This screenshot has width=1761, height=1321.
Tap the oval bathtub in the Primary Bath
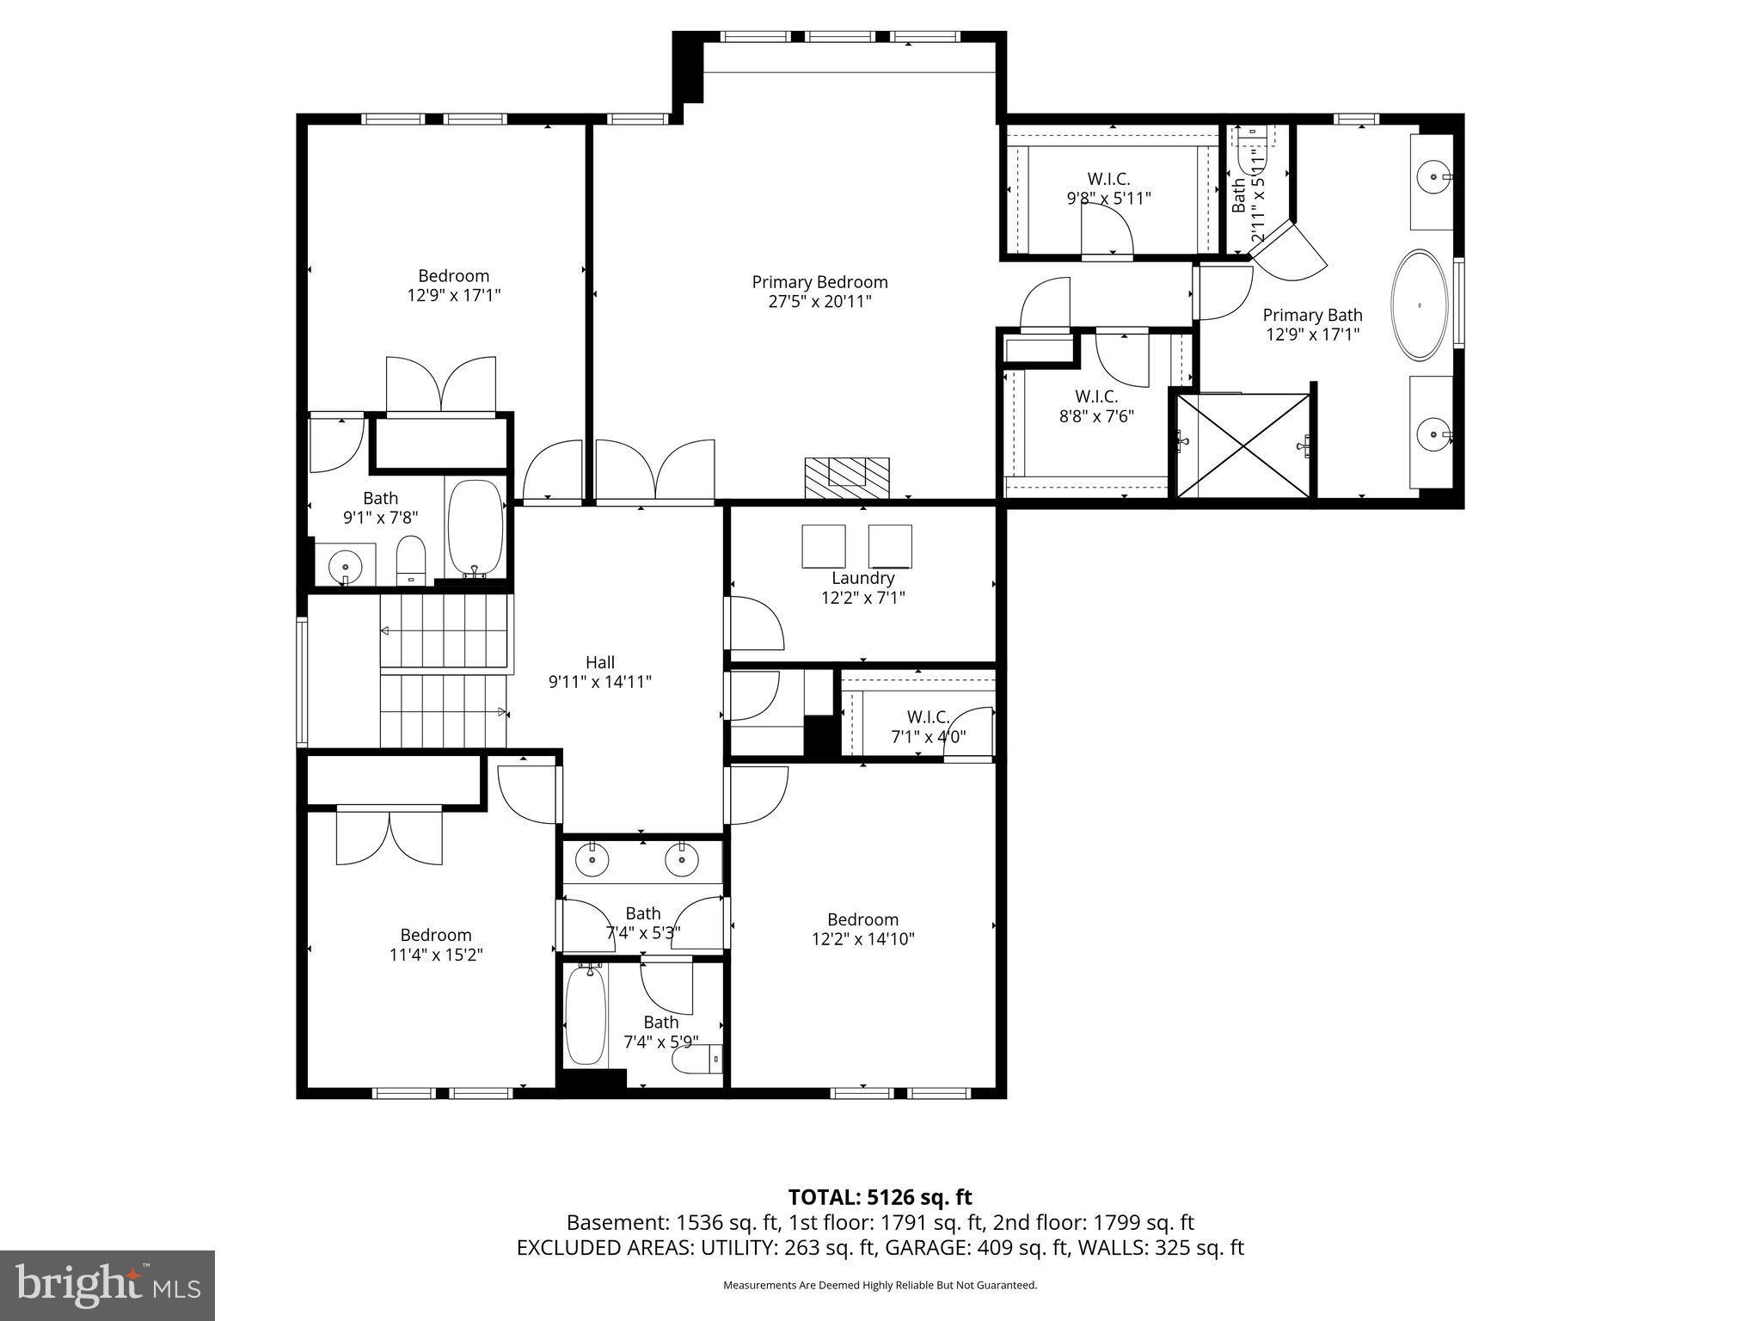click(x=1420, y=304)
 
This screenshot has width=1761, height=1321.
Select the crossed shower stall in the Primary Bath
click(x=1243, y=445)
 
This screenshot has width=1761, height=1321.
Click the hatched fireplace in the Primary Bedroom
click(x=847, y=477)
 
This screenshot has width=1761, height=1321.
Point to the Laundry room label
click(x=862, y=579)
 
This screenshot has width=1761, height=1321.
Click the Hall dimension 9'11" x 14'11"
click(x=600, y=682)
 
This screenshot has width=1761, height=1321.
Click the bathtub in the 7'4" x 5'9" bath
click(x=586, y=1017)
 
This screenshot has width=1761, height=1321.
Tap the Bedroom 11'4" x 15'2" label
click(x=435, y=944)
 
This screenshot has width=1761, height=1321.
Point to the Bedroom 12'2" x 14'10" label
click(x=862, y=929)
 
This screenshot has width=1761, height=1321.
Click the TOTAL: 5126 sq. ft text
click(x=880, y=1197)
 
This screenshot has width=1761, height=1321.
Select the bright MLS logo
click(x=107, y=1286)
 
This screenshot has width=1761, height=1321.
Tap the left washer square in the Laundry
click(x=823, y=546)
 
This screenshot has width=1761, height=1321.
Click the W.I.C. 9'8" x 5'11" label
click(x=1108, y=188)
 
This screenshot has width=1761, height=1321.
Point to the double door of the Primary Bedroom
click(x=655, y=471)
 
